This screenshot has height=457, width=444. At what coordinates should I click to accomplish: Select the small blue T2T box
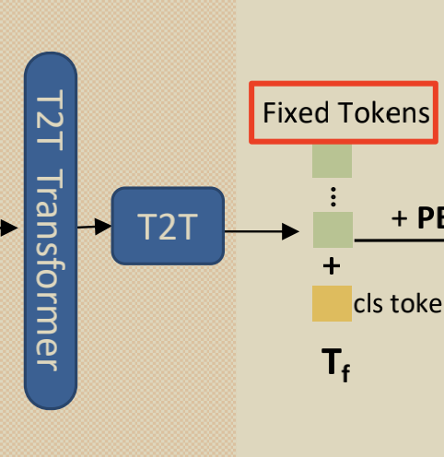pos(167,226)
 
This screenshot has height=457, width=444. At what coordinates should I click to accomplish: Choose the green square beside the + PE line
pos(332,229)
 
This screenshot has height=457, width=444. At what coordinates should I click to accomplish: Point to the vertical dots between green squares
pos(333,195)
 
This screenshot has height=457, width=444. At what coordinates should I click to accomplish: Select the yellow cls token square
pos(332,304)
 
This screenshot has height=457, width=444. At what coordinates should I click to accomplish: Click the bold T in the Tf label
pos(330,363)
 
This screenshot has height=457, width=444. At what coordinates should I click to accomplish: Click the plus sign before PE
pos(399,218)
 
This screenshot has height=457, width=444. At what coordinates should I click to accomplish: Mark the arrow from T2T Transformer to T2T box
pos(94,224)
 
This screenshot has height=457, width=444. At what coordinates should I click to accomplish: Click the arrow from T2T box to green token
pos(262,229)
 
